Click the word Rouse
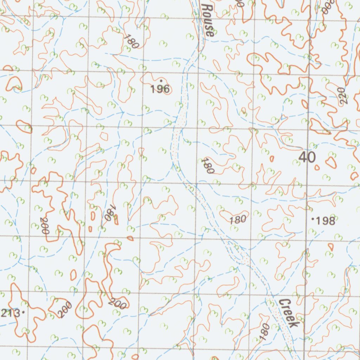coord(208,20)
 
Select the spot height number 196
coord(160,89)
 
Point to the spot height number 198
coord(326,221)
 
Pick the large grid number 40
coord(307,157)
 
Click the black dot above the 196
coord(161,81)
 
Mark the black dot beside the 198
coord(313,219)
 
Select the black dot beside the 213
coord(23,312)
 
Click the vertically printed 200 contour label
coord(45,226)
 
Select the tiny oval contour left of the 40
coord(272,159)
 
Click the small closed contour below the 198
coord(330,247)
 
